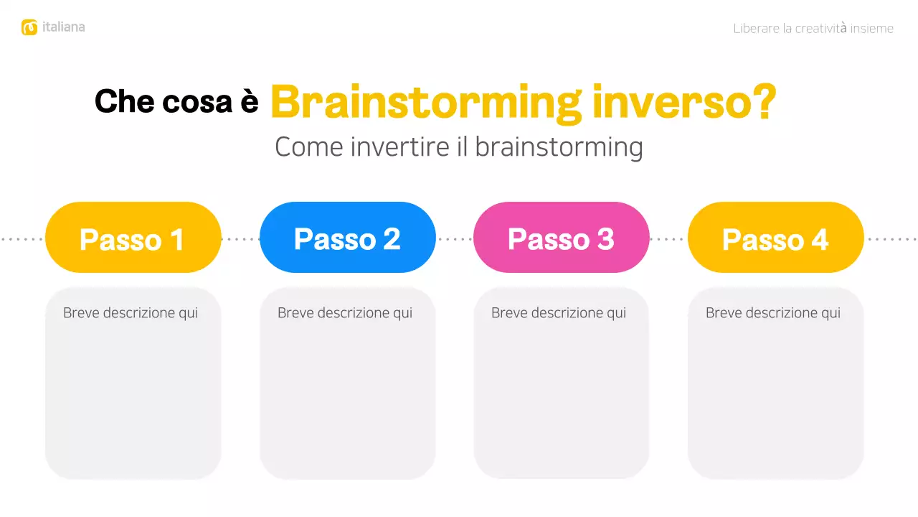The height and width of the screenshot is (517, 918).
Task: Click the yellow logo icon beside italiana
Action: point(29,27)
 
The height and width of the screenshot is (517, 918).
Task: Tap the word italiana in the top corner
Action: point(63,27)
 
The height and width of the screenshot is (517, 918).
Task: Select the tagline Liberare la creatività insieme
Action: point(813,29)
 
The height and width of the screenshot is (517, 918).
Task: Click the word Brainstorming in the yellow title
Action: point(426,103)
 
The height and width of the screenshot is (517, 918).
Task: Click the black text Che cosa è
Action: point(176,102)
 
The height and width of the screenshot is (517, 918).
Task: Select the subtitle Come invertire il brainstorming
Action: point(458,147)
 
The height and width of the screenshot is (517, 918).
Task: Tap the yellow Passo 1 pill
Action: point(133,238)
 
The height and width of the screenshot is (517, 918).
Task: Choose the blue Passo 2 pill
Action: point(347,238)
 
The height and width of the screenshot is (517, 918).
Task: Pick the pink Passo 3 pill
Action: point(561,238)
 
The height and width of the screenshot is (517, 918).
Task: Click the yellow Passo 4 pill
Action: point(775,238)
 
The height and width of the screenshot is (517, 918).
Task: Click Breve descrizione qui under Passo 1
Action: point(131,313)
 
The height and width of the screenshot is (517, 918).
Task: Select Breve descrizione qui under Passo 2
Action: point(345,313)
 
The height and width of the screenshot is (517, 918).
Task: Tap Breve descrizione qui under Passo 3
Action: point(559,313)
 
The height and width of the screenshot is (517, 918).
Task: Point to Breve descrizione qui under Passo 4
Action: point(773,313)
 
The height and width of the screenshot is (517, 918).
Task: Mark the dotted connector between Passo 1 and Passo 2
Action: point(240,238)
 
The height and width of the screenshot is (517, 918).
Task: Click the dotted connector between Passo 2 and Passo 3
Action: point(455,238)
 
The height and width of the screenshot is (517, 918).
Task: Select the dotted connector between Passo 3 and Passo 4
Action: point(668,238)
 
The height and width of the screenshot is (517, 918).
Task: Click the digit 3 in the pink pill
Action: point(605,239)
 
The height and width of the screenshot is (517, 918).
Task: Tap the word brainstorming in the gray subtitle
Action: point(559,147)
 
